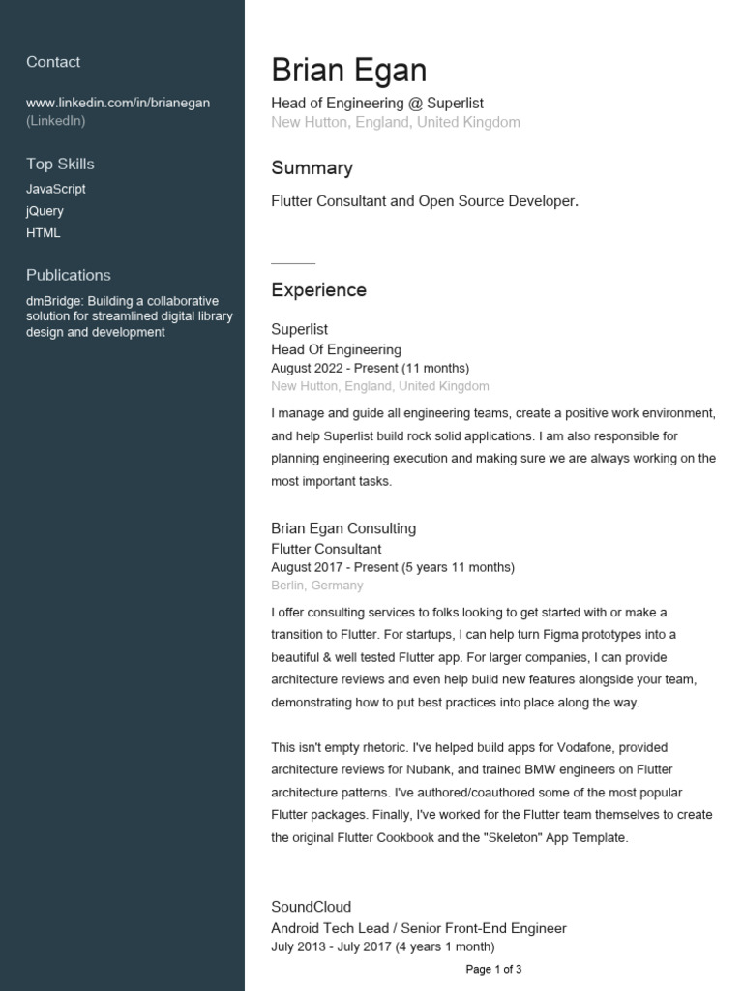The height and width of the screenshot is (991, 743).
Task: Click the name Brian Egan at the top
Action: [x=348, y=71]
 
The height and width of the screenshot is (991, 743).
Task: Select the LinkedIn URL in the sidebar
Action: [x=118, y=103]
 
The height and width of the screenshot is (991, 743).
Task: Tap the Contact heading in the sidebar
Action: [x=53, y=62]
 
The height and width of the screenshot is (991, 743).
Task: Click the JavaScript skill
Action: [x=56, y=189]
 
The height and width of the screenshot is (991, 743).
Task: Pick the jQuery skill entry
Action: [x=45, y=211]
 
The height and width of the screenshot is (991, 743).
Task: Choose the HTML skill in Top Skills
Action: [x=44, y=233]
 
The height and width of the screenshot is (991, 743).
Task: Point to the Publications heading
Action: [x=69, y=275]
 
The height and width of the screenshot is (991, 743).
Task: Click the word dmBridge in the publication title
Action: [x=54, y=301]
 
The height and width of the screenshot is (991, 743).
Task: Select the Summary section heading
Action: [x=312, y=168]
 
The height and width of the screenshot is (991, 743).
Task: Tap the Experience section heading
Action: [x=318, y=290]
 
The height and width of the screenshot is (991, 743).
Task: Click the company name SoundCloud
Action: [x=311, y=907]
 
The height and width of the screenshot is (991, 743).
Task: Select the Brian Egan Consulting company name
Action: [x=343, y=528]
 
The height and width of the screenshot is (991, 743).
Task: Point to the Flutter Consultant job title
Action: [x=326, y=549]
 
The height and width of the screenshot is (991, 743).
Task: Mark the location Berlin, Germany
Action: [x=317, y=586]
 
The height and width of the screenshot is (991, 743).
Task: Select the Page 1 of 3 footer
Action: [x=493, y=969]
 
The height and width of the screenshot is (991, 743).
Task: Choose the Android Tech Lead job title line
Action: [x=418, y=928]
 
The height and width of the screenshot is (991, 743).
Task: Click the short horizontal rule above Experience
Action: [x=293, y=263]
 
